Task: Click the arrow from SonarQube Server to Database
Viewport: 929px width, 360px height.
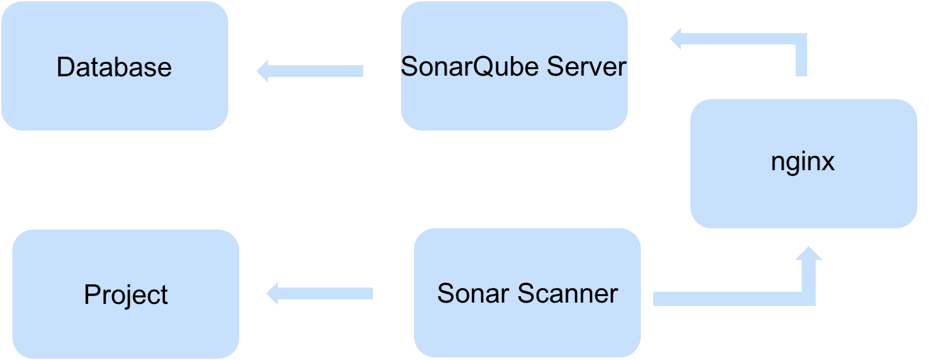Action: (x=310, y=70)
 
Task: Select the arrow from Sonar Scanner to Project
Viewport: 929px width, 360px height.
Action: (x=319, y=293)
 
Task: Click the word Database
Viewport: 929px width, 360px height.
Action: (x=114, y=67)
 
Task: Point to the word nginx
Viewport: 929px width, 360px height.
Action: (x=803, y=162)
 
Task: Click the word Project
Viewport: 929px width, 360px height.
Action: (x=126, y=295)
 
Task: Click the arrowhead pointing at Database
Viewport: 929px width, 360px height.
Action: (x=262, y=70)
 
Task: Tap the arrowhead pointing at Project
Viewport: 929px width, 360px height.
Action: (x=273, y=293)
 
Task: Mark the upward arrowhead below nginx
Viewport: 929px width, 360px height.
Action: (x=809, y=254)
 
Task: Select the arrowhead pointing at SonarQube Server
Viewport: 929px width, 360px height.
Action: (x=675, y=38)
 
